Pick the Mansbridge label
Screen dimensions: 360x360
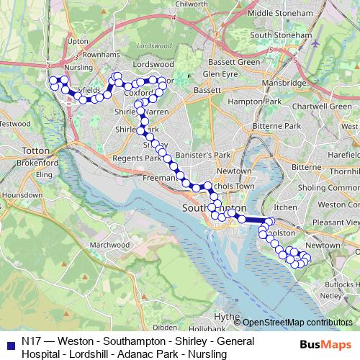[279, 83]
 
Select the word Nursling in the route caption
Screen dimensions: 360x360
[208, 354]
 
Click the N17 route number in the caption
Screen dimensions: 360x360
[32, 340]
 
